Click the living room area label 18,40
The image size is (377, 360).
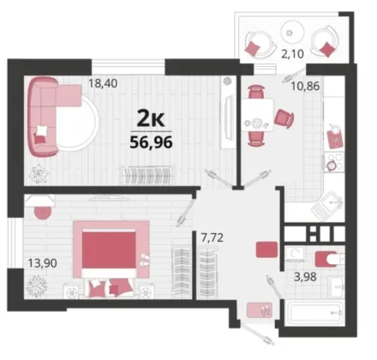coord(103,83)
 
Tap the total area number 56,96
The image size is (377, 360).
coord(151,142)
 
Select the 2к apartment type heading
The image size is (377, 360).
coord(151,119)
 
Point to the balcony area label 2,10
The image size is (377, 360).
coord(292,54)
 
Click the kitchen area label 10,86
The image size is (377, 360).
coord(305,86)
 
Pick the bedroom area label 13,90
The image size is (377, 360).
coord(42,263)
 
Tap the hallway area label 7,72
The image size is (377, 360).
coord(212,237)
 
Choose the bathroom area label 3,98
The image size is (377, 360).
coord(305,277)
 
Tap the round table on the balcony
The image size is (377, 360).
coord(292,33)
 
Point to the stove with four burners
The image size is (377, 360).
coord(335,162)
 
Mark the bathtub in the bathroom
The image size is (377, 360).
coord(314,313)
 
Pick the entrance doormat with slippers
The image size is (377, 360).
coord(260,310)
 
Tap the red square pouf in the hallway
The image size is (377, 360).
coord(266,249)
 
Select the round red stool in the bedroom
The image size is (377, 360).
coord(43,212)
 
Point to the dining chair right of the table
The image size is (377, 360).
coord(284,117)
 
